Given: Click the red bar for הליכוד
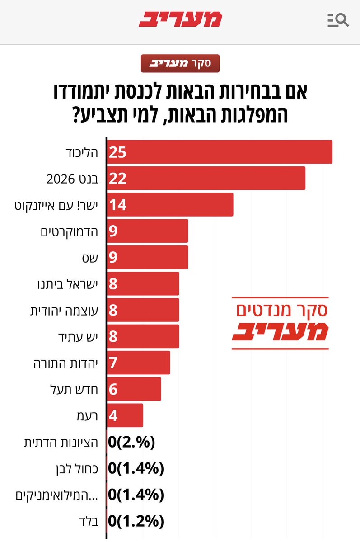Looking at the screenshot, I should (x=220, y=152).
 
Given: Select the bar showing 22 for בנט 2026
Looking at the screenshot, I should (x=206, y=178).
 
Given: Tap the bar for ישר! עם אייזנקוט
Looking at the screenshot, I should (x=170, y=204).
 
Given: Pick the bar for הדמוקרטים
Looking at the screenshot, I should (x=147, y=231).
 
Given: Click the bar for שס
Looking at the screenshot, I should (x=147, y=257).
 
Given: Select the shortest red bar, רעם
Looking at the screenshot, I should (x=125, y=415).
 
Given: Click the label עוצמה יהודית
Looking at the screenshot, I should (x=66, y=310).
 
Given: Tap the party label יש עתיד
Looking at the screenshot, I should (x=79, y=336).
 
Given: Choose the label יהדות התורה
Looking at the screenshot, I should (x=69, y=363).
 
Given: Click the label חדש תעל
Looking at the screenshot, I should (x=77, y=389).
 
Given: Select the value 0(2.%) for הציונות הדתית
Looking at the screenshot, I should (x=131, y=442).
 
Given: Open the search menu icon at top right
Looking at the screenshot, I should (x=337, y=20).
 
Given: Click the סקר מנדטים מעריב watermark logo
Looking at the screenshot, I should (x=280, y=323).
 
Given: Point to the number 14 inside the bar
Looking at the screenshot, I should (x=117, y=205).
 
